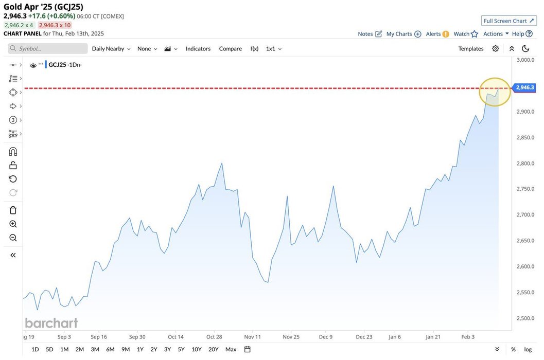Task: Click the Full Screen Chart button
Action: (508, 21)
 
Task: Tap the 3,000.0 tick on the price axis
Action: (525, 60)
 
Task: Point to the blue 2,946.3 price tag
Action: (524, 87)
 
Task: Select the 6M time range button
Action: (110, 349)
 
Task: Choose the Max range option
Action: (231, 349)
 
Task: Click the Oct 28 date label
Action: (214, 337)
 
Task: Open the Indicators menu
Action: (198, 48)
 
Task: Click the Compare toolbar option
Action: (230, 48)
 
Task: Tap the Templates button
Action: (471, 48)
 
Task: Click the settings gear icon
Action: (496, 48)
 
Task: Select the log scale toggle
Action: (528, 349)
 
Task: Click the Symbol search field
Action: (48, 48)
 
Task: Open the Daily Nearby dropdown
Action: (111, 48)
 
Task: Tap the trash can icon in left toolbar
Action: (13, 210)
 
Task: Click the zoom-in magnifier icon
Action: (13, 224)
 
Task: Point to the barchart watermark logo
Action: (51, 323)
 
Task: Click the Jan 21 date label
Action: (433, 337)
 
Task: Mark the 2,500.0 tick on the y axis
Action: (525, 318)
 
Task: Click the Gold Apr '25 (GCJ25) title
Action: (43, 7)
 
